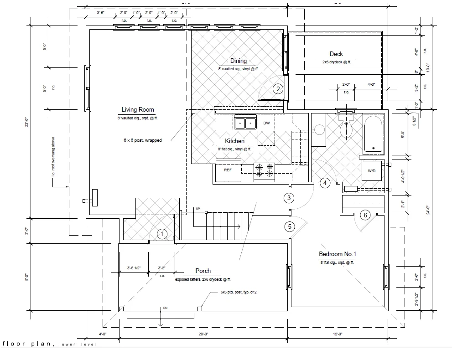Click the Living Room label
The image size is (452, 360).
[137, 110]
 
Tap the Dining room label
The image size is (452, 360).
[238, 61]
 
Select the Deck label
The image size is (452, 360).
[336, 54]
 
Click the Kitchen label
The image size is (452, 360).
[234, 141]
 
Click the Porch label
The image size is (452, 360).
[203, 271]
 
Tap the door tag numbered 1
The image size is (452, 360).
[162, 234]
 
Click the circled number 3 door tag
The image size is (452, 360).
[289, 198]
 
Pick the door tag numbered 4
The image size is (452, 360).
[325, 183]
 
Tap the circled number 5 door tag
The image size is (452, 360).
[289, 226]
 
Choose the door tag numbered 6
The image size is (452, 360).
[365, 215]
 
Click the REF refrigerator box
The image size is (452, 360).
[228, 170]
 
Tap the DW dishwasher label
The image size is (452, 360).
[266, 123]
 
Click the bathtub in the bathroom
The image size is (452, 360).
[374, 135]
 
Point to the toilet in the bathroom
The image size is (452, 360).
[346, 127]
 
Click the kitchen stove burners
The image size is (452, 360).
[265, 170]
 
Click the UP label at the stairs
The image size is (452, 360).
[197, 209]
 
